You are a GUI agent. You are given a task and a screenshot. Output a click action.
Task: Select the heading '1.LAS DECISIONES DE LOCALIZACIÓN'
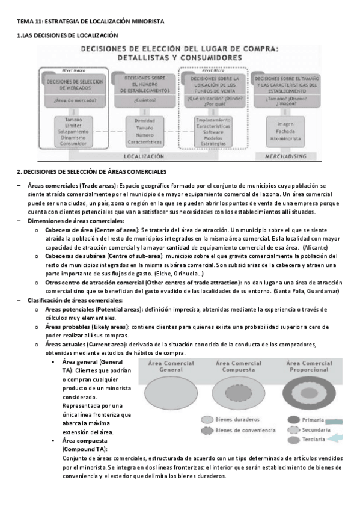click(x=67, y=36)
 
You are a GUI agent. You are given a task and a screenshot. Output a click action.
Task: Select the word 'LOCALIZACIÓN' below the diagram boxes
click(x=143, y=156)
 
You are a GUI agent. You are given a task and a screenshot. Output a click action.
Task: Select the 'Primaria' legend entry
click(x=317, y=419)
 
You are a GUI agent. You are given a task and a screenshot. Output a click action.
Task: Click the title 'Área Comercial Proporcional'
click(x=309, y=366)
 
